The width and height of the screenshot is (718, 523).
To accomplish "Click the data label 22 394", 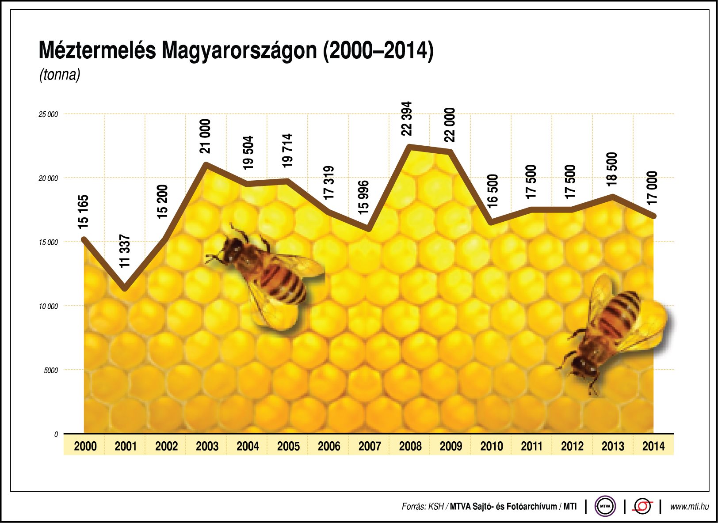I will point(406,118).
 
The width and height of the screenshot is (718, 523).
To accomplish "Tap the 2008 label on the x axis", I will point(410,446).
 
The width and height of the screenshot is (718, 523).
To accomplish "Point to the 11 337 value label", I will point(125,251).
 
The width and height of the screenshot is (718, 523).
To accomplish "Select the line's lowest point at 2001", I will point(126,289).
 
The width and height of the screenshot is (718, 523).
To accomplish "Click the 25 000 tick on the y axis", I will point(48,114).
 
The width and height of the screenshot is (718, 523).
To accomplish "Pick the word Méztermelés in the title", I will point(97,50).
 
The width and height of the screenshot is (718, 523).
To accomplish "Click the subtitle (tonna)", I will point(60,74).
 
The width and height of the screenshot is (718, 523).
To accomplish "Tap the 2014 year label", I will point(653,446).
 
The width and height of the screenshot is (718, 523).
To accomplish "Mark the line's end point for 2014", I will point(653,216).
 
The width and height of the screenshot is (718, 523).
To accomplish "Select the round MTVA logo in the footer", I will point(605,507).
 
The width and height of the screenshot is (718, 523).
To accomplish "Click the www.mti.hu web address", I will point(689,507).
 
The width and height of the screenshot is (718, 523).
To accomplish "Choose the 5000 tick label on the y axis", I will point(51,371).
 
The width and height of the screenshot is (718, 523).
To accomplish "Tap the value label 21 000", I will point(205,136).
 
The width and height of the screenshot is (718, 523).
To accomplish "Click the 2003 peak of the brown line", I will point(206,165).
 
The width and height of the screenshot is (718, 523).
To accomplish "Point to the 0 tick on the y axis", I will point(56,435).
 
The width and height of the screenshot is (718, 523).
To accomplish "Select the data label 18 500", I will point(611,168).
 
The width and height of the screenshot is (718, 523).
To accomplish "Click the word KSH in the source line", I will point(435,507).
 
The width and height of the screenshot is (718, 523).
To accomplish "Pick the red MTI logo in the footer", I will point(642,507).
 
